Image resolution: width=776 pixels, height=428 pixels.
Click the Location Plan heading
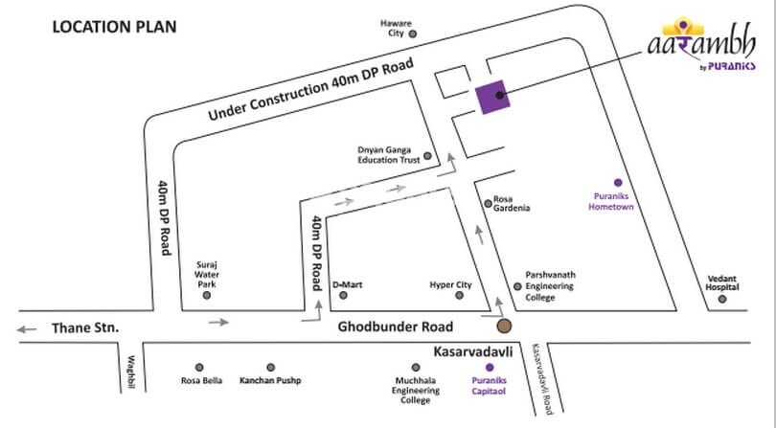tap(114, 26)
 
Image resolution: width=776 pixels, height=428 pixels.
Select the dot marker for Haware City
tap(413, 33)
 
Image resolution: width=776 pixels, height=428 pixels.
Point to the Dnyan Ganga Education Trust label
tap(389, 155)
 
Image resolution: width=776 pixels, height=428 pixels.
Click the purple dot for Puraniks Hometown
tap(618, 182)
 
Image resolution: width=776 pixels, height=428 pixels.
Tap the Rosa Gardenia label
tap(510, 204)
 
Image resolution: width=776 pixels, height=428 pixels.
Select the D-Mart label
tap(347, 284)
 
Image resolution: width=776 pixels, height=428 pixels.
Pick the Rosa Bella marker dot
tap(199, 367)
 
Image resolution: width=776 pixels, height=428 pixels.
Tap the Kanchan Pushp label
tap(270, 381)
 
